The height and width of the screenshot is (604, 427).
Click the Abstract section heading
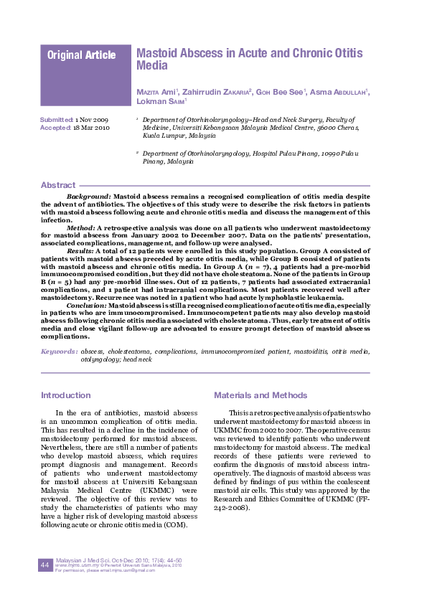(58, 185)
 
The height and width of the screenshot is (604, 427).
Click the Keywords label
(59, 352)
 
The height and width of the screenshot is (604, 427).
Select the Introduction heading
(66, 395)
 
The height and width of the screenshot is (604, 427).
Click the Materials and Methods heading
(261, 395)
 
